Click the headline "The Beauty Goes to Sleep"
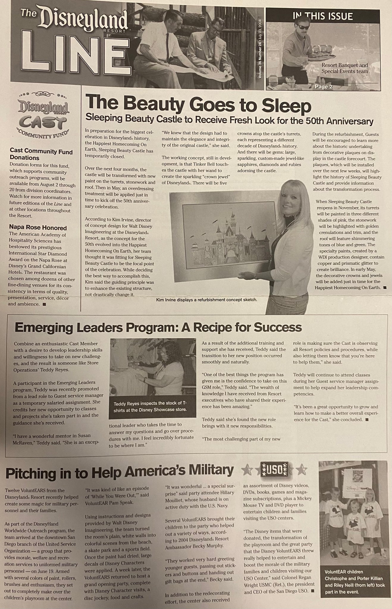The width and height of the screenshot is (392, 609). click(198, 106)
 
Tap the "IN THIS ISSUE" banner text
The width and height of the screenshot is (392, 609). click(323, 16)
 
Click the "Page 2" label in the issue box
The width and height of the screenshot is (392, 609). click(323, 87)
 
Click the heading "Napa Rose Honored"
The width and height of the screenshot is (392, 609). click(38, 228)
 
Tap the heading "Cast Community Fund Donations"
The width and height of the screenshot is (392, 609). click(41, 155)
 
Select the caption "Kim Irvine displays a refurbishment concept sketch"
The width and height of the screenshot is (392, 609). click(206, 300)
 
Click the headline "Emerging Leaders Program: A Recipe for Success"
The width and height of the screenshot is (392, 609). click(158, 328)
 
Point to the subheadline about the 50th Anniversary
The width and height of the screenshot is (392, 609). click(229, 121)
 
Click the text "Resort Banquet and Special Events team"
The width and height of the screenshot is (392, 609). click(344, 68)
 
